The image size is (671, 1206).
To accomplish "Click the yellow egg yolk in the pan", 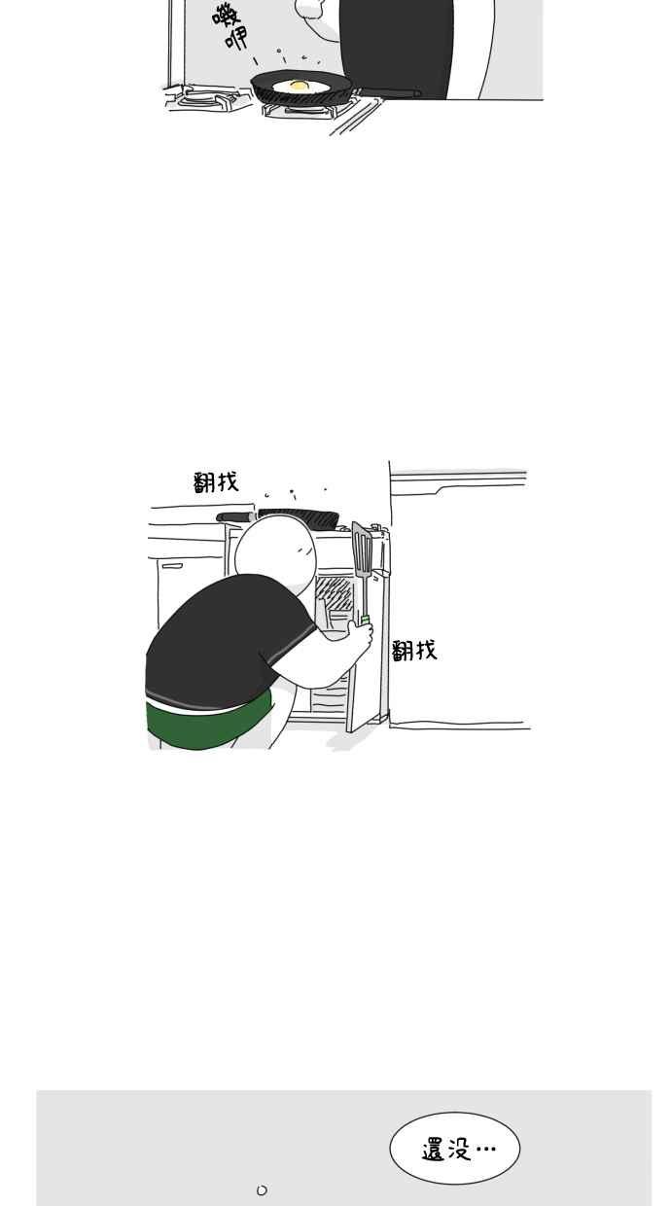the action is pyautogui.click(x=299, y=85).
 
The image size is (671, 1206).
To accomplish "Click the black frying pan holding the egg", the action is pyautogui.click(x=301, y=89).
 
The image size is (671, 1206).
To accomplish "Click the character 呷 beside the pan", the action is pyautogui.click(x=237, y=38).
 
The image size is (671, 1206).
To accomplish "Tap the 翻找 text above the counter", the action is pyautogui.click(x=216, y=481).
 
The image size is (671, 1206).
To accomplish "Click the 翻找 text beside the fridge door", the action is pyautogui.click(x=413, y=651).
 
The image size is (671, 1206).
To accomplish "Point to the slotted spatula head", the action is pyautogui.click(x=363, y=550).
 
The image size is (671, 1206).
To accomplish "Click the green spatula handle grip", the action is pyautogui.click(x=365, y=620).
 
